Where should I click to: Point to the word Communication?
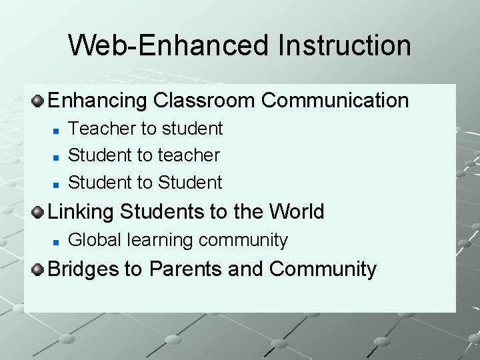(x=335, y=101)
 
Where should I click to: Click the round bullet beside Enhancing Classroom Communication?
(x=39, y=101)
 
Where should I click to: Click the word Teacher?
(x=96, y=128)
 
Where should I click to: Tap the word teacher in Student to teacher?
(x=189, y=155)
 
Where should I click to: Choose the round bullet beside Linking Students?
(x=39, y=213)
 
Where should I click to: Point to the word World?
(x=297, y=212)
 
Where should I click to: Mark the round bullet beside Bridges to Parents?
(x=39, y=270)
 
